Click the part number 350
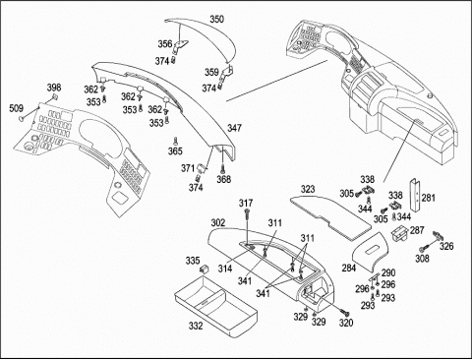pos(216,19)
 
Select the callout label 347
pos(234,128)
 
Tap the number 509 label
pos(16,108)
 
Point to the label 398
pos(54,88)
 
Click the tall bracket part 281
pos(416,196)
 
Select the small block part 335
pos(204,270)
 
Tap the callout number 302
pos(218,223)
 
